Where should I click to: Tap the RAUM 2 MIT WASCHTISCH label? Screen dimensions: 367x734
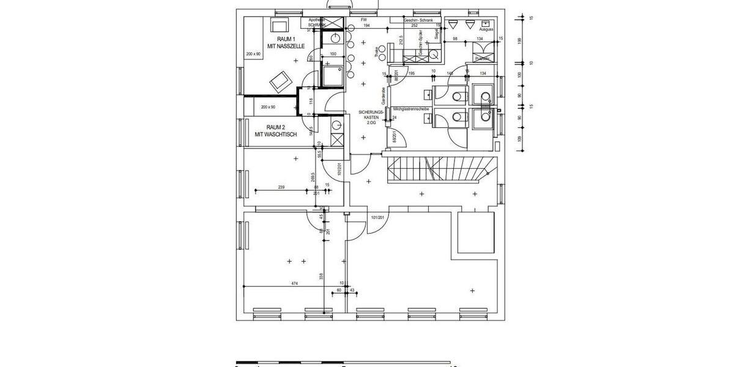[276, 131]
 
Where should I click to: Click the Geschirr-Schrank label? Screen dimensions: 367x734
[419, 20]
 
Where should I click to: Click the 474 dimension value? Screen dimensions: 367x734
[294, 283]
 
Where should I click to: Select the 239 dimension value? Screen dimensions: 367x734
[281, 187]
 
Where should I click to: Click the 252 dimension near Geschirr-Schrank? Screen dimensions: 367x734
[414, 26]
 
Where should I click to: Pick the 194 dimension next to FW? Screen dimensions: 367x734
[366, 26]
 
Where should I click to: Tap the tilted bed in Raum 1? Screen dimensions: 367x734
[281, 81]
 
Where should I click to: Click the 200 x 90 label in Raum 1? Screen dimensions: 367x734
[253, 54]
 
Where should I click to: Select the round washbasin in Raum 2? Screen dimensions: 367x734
[335, 125]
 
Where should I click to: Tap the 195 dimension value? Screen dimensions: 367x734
[411, 73]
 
